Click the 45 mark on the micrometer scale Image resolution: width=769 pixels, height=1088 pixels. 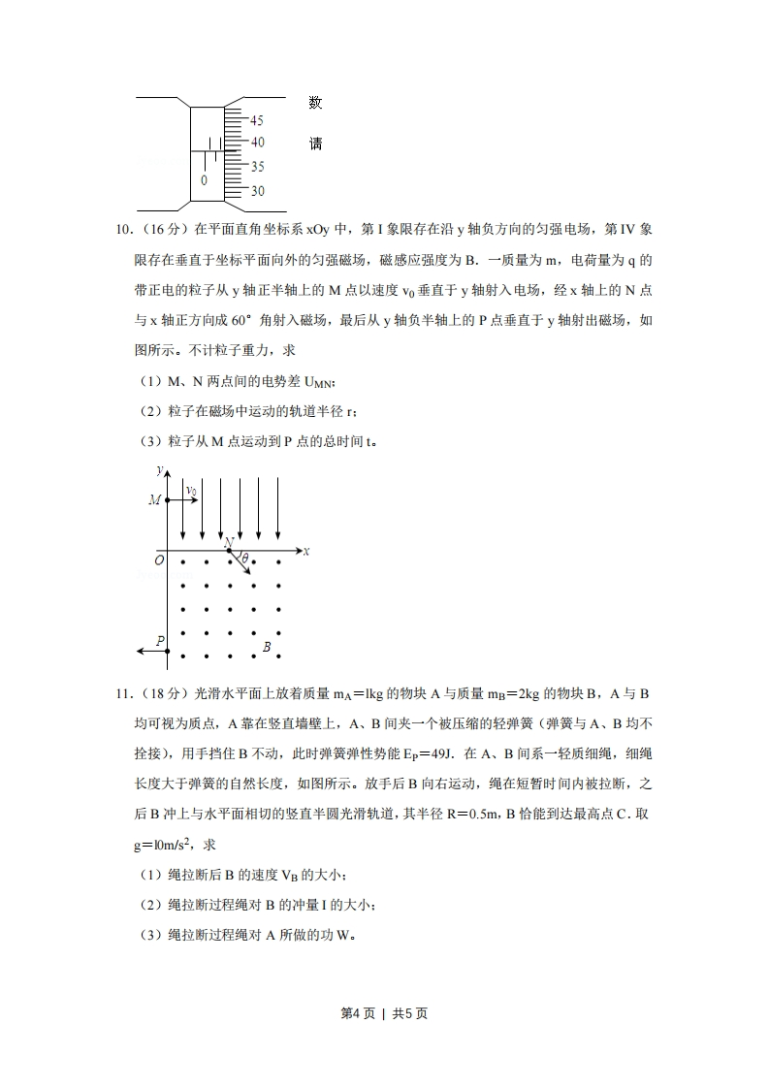pyautogui.click(x=257, y=121)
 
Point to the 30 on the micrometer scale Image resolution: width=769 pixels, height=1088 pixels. pyautogui.click(x=257, y=192)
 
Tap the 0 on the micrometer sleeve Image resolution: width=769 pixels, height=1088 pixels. pyautogui.click(x=204, y=180)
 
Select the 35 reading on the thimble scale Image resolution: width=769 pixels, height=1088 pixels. pyautogui.click(x=257, y=167)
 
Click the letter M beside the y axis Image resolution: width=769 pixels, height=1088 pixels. pyautogui.click(x=154, y=500)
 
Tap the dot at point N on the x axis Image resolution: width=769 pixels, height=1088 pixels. pyautogui.click(x=230, y=551)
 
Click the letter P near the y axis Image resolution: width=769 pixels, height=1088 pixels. pyautogui.click(x=160, y=640)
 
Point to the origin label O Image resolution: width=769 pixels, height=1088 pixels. pyautogui.click(x=159, y=560)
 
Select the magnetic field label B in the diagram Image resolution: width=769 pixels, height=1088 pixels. pyautogui.click(x=267, y=647)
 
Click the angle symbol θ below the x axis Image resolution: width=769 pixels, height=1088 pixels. pyautogui.click(x=245, y=559)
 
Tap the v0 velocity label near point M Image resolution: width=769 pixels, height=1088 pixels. pyautogui.click(x=191, y=492)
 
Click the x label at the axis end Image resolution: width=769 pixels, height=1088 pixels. pyautogui.click(x=305, y=550)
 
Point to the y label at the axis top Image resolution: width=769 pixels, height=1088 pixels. pyautogui.click(x=158, y=469)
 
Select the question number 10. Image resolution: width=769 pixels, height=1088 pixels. pyautogui.click(x=123, y=230)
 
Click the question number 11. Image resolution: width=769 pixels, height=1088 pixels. pyautogui.click(x=123, y=694)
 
